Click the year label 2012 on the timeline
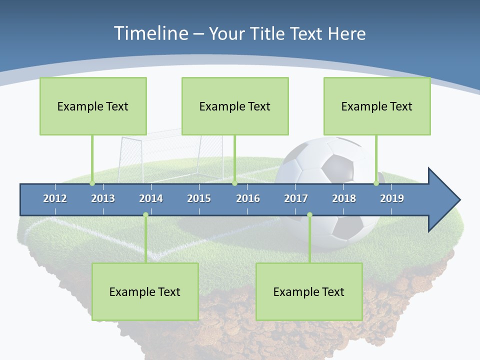(55, 198)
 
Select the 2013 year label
(103, 198)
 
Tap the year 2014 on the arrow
(151, 198)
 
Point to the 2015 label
(199, 198)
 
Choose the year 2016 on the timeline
(248, 198)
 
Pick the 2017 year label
(296, 198)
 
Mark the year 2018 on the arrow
(344, 198)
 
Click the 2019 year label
(392, 198)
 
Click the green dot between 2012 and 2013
(92, 183)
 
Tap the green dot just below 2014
(145, 215)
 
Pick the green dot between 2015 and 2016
(234, 183)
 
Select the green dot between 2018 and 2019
(376, 183)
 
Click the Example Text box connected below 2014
(145, 291)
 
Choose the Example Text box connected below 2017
(308, 291)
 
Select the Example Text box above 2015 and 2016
(234, 106)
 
